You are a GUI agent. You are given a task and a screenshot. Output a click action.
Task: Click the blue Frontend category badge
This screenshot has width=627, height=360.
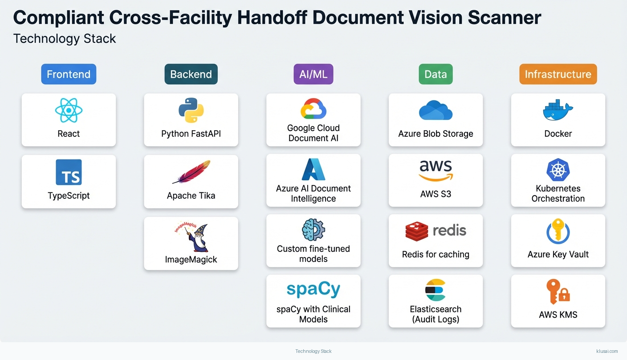click(69, 74)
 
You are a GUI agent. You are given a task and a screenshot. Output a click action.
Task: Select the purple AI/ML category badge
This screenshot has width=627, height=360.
click(313, 74)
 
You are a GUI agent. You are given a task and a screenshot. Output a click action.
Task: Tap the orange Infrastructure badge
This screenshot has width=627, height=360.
click(558, 74)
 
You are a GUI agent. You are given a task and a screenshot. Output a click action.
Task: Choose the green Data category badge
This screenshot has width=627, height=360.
click(436, 74)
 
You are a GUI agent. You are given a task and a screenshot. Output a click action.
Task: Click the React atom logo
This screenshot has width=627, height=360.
click(69, 110)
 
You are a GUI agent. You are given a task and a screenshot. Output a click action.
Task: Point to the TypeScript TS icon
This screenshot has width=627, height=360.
click(69, 172)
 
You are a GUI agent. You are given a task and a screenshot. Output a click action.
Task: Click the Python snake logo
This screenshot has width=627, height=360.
click(191, 110)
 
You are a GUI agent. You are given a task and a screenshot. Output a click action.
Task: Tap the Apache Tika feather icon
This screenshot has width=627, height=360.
click(191, 172)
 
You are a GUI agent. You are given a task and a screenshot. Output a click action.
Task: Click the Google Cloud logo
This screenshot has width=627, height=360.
click(313, 109)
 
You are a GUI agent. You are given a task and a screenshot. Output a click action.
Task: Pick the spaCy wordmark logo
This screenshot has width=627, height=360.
click(313, 289)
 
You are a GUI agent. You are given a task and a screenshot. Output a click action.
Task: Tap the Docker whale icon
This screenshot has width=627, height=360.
click(558, 110)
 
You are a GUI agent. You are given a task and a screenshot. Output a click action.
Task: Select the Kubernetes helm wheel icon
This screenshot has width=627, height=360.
click(558, 170)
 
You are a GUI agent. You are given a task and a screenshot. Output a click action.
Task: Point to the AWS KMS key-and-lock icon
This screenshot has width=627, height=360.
click(558, 292)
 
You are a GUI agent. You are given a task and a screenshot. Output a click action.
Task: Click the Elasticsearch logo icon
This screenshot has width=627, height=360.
click(436, 290)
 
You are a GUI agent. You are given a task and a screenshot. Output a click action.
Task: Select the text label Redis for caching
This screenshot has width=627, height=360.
click(436, 254)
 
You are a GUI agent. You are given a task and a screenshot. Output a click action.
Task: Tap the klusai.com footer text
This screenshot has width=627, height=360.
click(607, 351)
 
